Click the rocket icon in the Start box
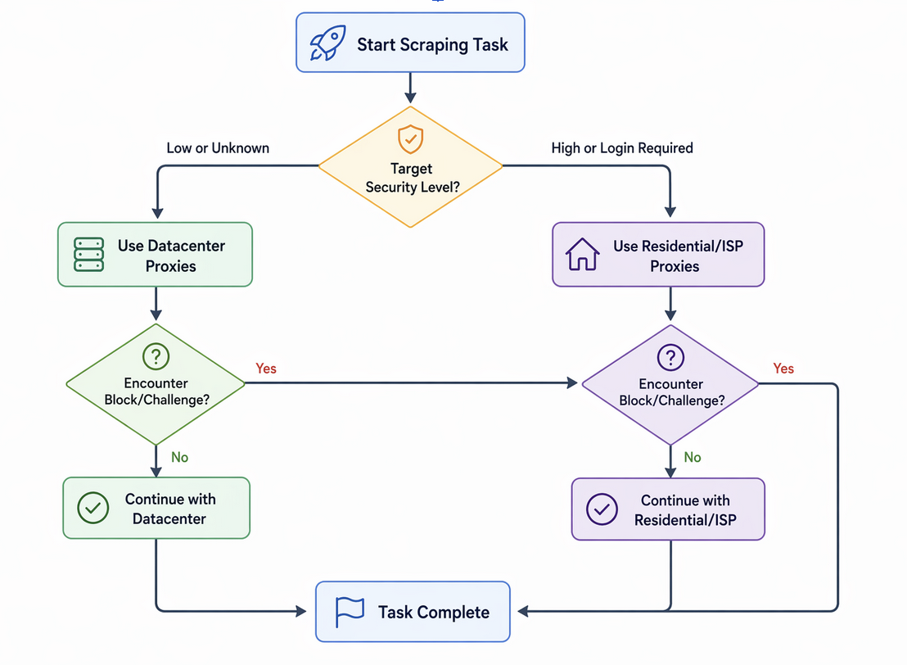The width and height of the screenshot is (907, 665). coord(327,43)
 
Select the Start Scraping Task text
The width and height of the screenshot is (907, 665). coord(432,44)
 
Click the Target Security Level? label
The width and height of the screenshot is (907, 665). coord(410,178)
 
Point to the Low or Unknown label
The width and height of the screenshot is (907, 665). coord(218,148)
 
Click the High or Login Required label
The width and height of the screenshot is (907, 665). coord(622,148)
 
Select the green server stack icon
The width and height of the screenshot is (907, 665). coord(88,255)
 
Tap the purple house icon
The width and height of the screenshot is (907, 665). coord(583,255)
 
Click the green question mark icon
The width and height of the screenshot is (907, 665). coord(156,356)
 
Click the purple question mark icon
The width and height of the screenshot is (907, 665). coord(670,357)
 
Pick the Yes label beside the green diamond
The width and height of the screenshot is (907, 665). coord(266,369)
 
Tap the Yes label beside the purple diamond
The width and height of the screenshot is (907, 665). coord(783,369)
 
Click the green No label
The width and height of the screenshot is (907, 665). coord(179,457)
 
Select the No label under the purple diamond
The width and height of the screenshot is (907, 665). coord(693,457)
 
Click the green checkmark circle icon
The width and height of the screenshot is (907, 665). coord(93,508)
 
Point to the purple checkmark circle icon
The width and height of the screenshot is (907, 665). coord(602,509)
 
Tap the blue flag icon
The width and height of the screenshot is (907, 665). coord(350,611)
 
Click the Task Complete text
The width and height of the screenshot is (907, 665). coord(434,612)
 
